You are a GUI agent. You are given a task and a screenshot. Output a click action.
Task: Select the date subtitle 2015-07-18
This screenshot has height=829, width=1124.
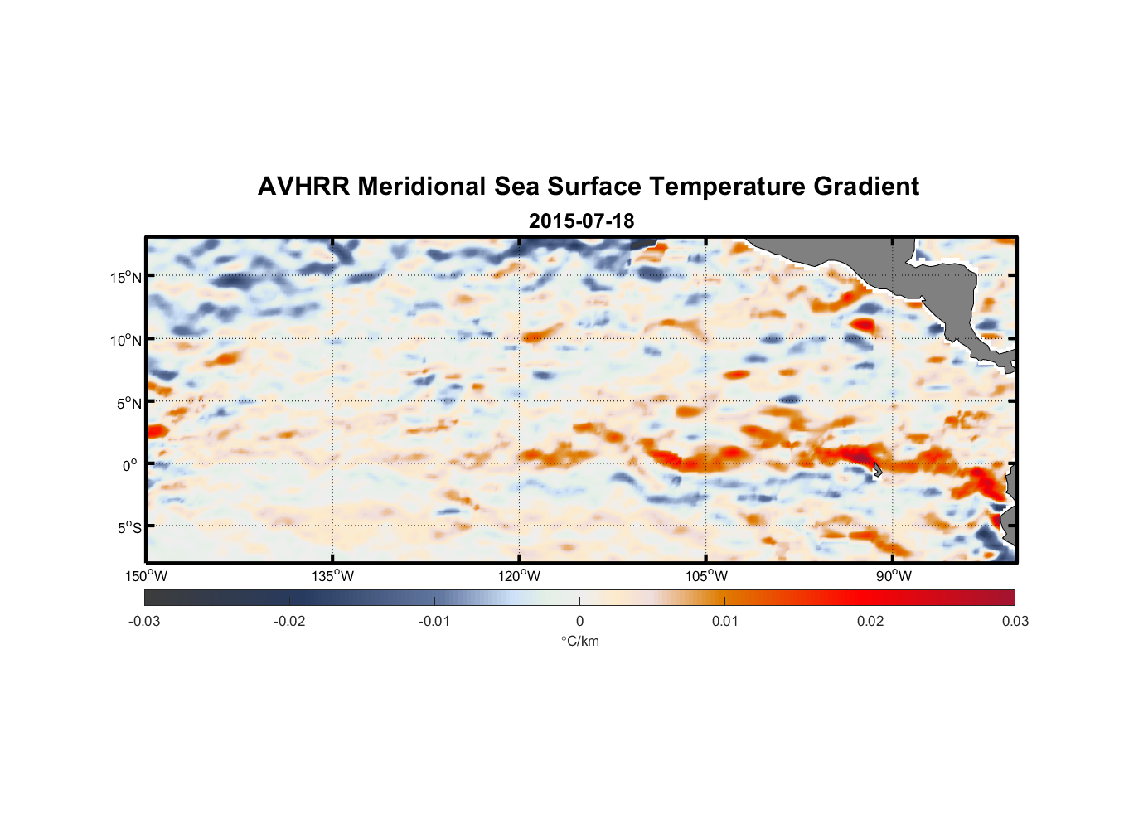(x=581, y=221)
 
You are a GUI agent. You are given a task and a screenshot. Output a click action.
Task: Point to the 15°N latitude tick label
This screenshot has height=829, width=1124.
(x=126, y=277)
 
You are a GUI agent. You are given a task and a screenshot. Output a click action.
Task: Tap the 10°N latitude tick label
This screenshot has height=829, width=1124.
(x=126, y=340)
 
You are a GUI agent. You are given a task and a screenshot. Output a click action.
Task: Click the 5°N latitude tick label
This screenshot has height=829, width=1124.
(x=128, y=403)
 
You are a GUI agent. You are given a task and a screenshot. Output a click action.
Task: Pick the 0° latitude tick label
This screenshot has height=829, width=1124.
(x=131, y=465)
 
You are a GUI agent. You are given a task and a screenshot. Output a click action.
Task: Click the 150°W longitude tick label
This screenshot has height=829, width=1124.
(x=147, y=576)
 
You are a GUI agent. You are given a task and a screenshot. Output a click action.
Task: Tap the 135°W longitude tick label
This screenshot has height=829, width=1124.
(x=333, y=576)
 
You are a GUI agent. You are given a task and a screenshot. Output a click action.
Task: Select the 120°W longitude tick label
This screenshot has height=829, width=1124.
(x=520, y=576)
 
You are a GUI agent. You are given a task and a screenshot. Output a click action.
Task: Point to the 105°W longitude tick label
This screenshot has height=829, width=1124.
(x=706, y=576)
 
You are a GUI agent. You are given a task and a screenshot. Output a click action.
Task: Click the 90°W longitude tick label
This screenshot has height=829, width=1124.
(x=894, y=576)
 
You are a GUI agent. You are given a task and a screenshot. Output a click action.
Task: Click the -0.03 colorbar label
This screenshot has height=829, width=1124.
(x=144, y=621)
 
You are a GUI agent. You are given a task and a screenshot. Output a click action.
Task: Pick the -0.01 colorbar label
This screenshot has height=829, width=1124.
(x=434, y=621)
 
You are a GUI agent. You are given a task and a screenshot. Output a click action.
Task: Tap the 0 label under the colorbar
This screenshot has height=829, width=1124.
(x=579, y=621)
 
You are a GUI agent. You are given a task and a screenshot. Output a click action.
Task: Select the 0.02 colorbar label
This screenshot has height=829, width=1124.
(x=870, y=621)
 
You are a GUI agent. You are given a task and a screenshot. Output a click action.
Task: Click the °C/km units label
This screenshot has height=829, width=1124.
(x=579, y=641)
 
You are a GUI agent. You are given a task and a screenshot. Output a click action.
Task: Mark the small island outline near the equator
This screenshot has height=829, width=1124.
(x=876, y=469)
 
